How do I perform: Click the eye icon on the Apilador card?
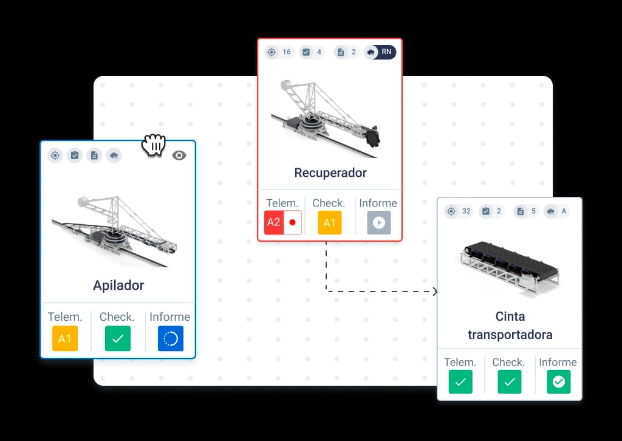tap(179, 156)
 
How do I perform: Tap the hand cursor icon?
tap(154, 145)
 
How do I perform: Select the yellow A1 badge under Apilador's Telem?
tap(65, 338)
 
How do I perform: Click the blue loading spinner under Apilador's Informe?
tap(171, 338)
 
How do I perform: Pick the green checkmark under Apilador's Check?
tap(118, 338)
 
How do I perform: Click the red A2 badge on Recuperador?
tap(274, 222)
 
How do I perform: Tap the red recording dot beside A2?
tap(293, 222)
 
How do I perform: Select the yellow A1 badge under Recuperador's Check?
tap(330, 222)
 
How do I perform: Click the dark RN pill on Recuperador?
tap(380, 52)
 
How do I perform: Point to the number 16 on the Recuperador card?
tap(287, 52)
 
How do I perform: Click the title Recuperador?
tap(330, 173)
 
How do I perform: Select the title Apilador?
tap(118, 285)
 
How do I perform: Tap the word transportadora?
tap(510, 335)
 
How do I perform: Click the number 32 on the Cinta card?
tap(466, 211)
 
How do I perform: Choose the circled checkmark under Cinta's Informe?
tap(559, 381)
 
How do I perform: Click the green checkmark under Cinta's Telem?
tap(460, 381)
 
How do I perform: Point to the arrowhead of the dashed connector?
tap(435, 292)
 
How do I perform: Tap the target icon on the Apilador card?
tap(55, 156)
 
